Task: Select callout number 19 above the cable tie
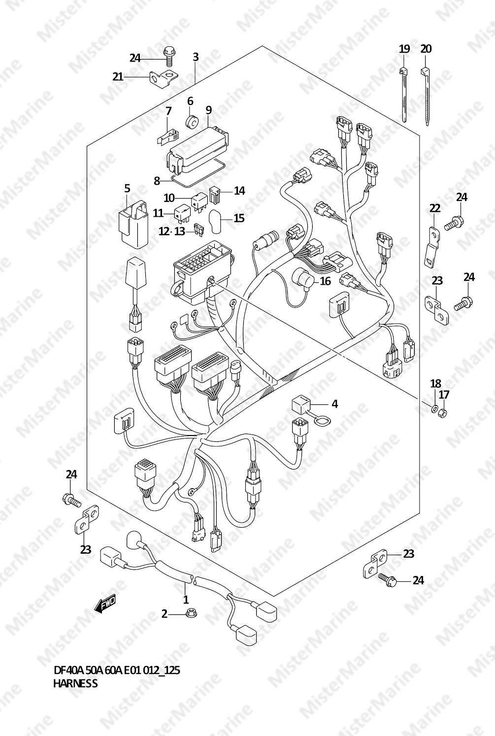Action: pyautogui.click(x=404, y=49)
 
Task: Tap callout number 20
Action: pyautogui.click(x=426, y=49)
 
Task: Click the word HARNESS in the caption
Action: pyautogui.click(x=75, y=683)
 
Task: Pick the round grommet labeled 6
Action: pyautogui.click(x=192, y=122)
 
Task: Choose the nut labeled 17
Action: pyautogui.click(x=442, y=412)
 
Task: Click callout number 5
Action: pyautogui.click(x=127, y=189)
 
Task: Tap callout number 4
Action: pyautogui.click(x=334, y=404)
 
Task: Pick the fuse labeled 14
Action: pyautogui.click(x=215, y=195)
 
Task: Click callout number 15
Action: pyautogui.click(x=239, y=218)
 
